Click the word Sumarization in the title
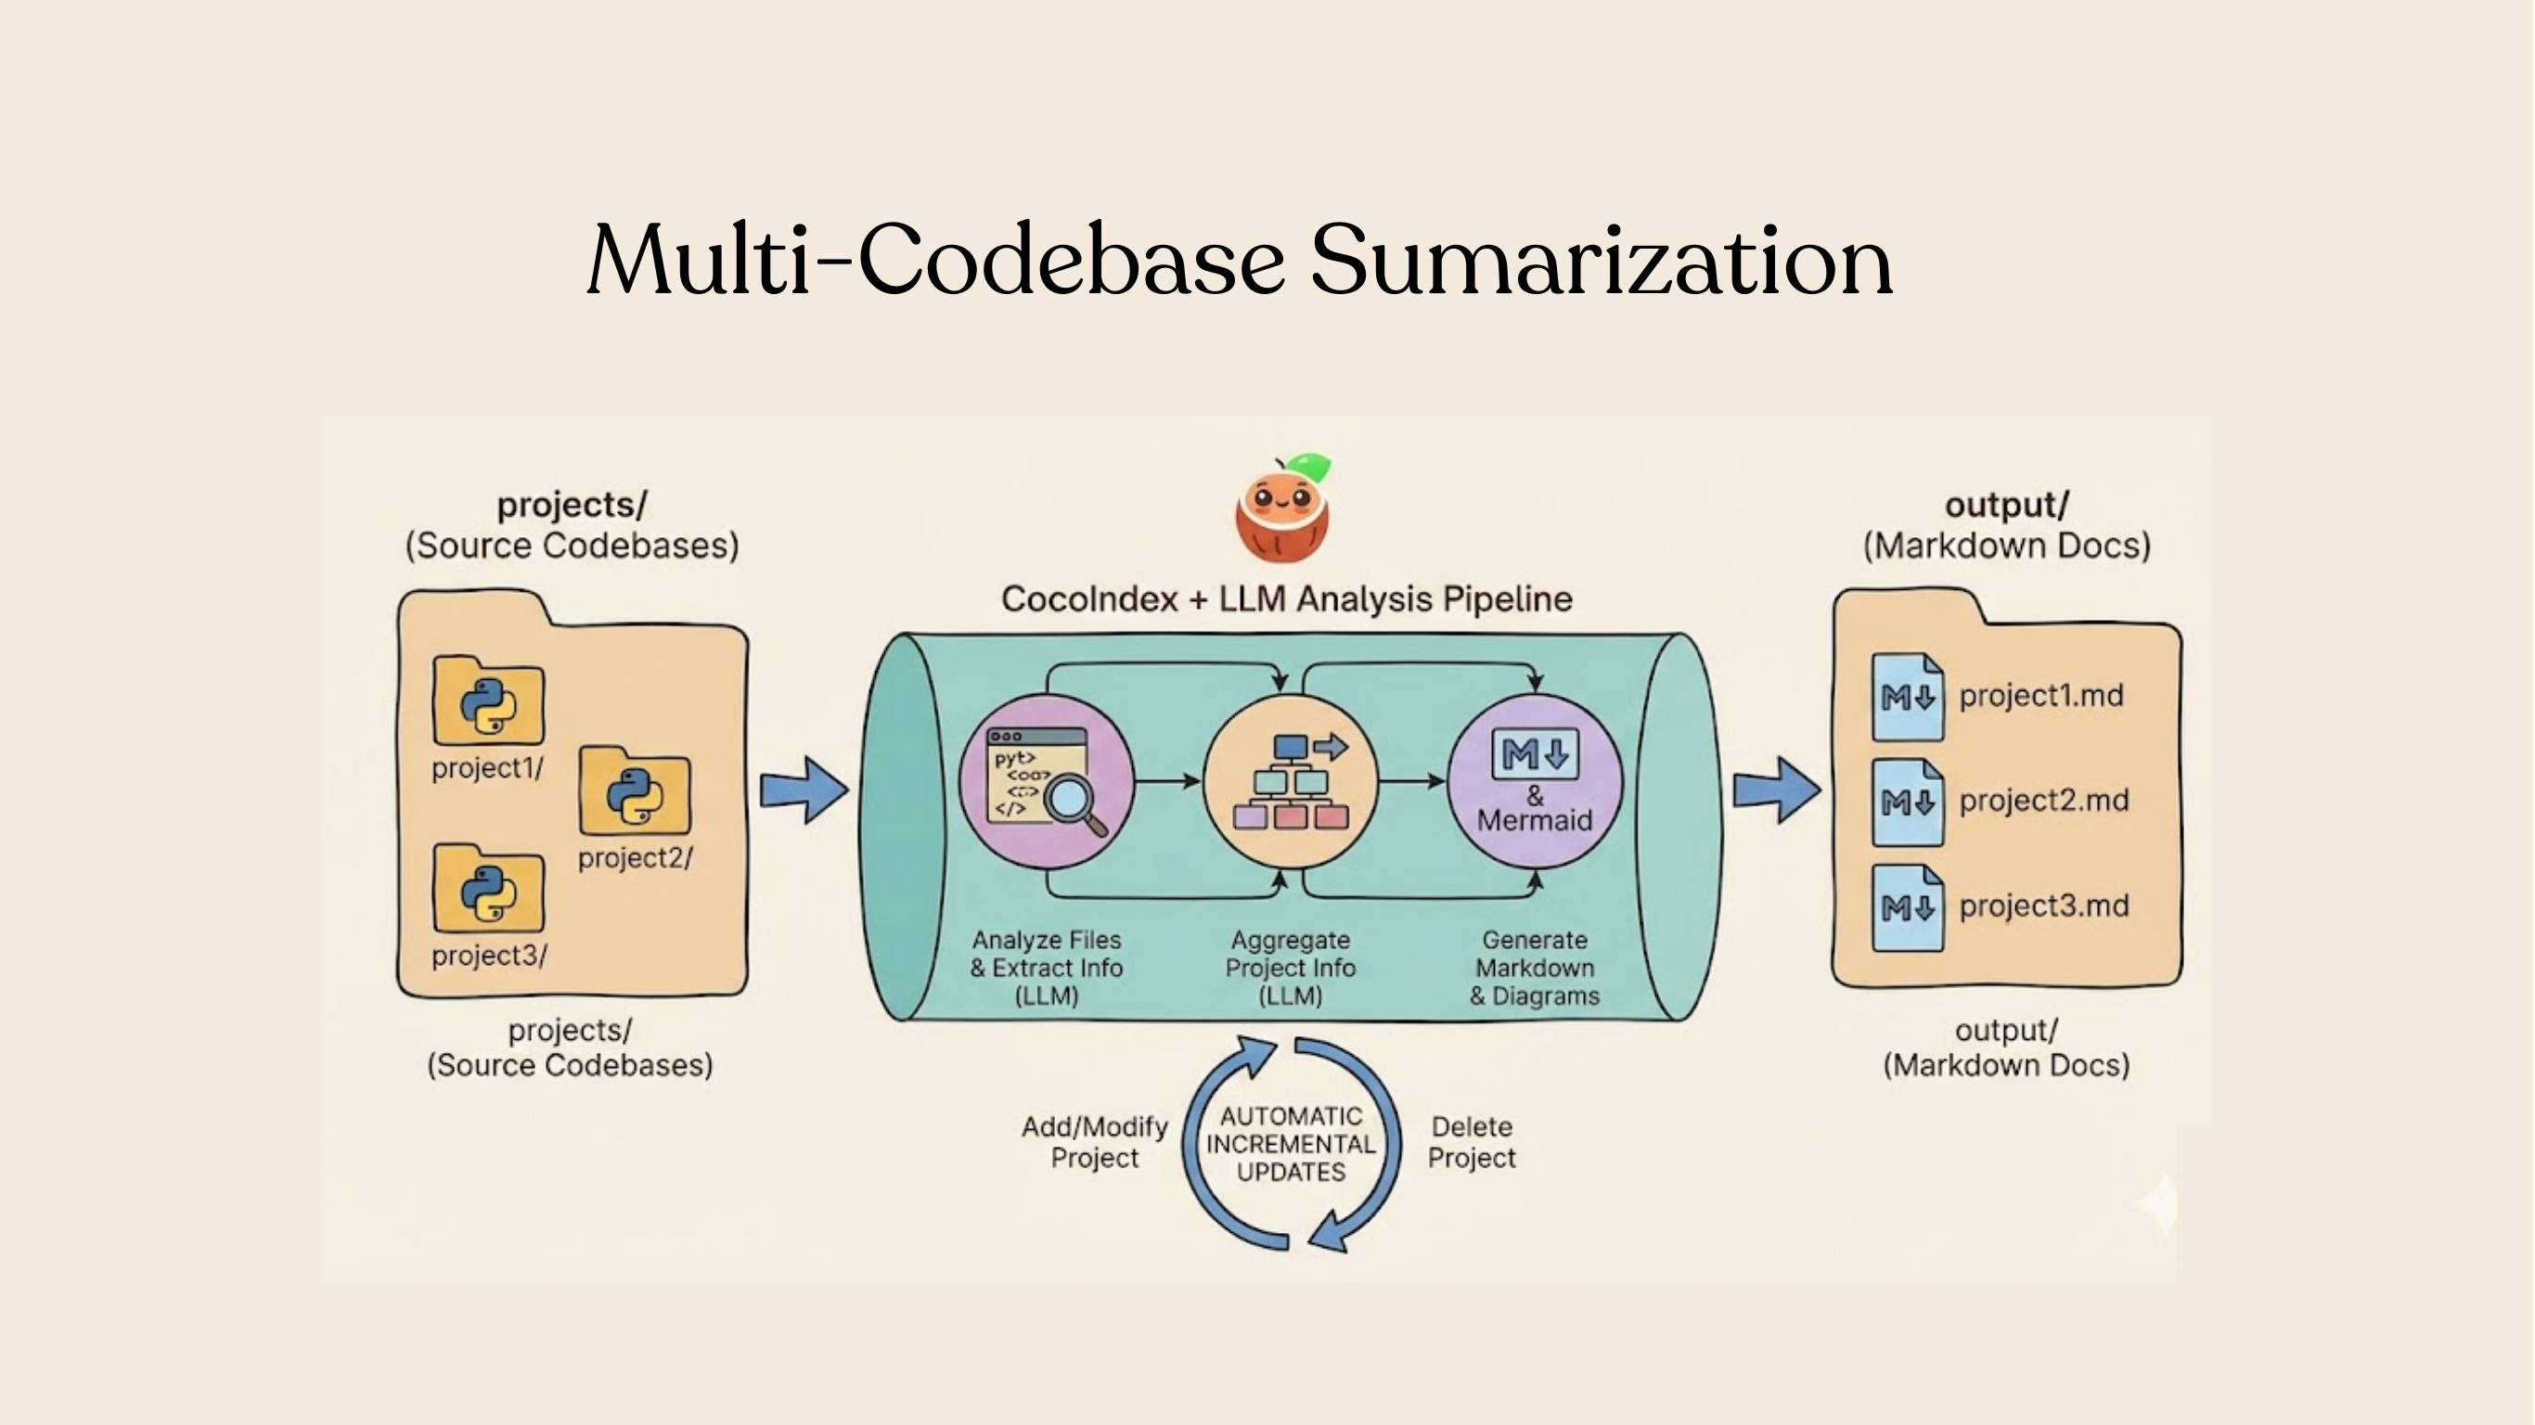(1602, 261)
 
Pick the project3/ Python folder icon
(488, 890)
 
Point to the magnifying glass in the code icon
(1073, 799)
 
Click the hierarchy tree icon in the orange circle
(1290, 783)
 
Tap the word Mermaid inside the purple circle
(1534, 820)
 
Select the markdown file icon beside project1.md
(1907, 698)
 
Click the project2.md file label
(2043, 800)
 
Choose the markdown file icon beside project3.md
(1907, 907)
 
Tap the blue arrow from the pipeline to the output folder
(1776, 790)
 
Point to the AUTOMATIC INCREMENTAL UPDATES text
(1290, 1144)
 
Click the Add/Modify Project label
(1094, 1141)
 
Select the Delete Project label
(1472, 1141)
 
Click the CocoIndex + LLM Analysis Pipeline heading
(1286, 598)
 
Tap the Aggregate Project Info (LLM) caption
(1290, 968)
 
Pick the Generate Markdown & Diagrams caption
(1534, 968)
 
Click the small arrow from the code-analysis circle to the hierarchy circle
(1168, 781)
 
